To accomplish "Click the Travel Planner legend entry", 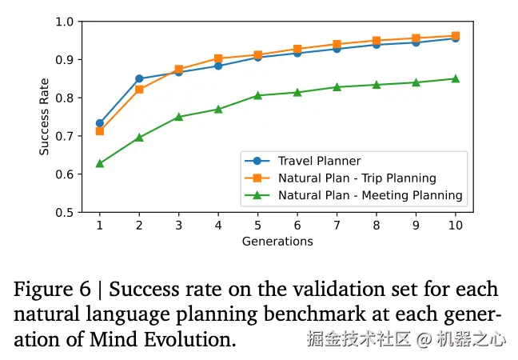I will [x=319, y=161].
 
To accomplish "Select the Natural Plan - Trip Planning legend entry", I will [x=357, y=178].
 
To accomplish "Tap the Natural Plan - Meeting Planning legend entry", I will [x=369, y=194].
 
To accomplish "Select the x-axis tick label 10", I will [x=455, y=226].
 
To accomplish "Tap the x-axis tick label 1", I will [x=100, y=226].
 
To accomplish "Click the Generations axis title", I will [x=277, y=241].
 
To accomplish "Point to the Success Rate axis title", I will [x=45, y=117].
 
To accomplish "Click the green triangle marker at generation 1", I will [x=100, y=163].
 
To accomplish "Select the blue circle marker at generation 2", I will [x=139, y=78].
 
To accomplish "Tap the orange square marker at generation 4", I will [x=218, y=58].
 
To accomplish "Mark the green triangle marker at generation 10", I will [x=455, y=78].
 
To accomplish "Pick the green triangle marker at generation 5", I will [x=257, y=95].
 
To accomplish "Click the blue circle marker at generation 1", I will [x=100, y=123].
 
